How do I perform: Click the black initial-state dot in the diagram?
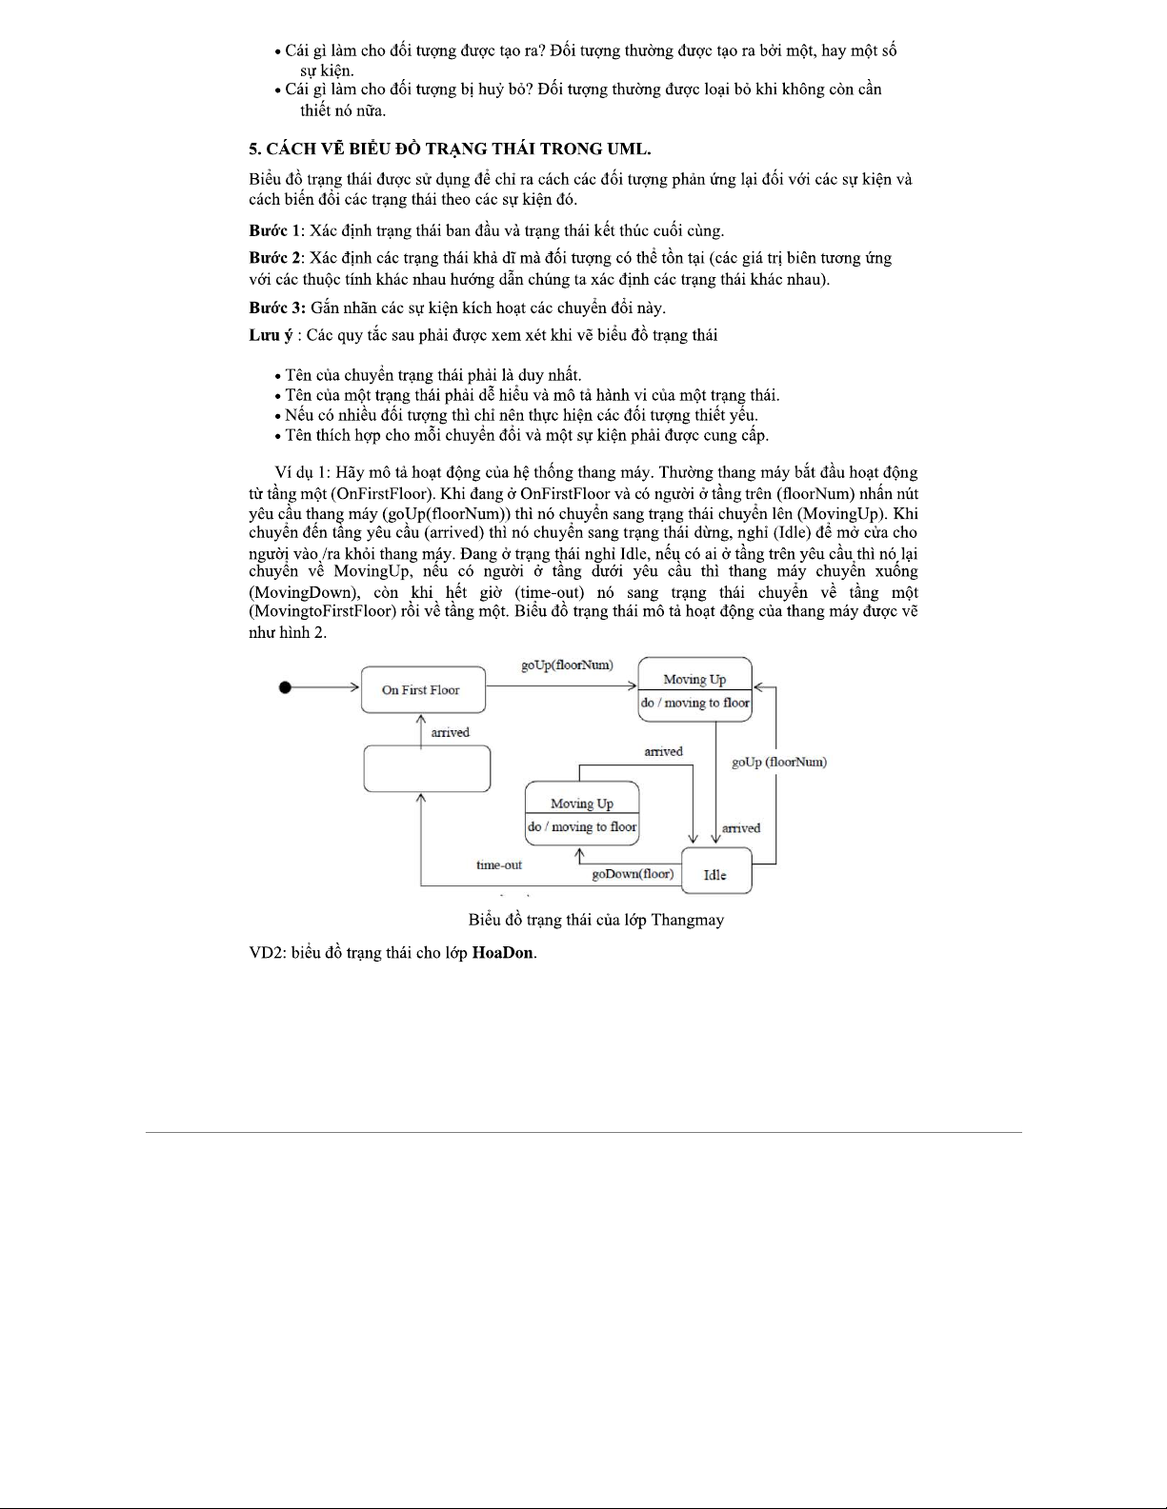(x=285, y=688)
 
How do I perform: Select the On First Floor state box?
(x=422, y=689)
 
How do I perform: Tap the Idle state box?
(x=715, y=873)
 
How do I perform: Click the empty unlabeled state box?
(x=427, y=768)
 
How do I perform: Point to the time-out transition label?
(x=499, y=864)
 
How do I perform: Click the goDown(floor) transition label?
(x=632, y=873)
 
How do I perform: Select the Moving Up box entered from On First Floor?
(x=694, y=689)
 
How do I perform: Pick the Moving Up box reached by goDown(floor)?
(x=582, y=814)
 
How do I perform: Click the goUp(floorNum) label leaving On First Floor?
(x=567, y=665)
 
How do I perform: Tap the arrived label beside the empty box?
(x=450, y=732)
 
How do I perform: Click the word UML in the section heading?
(x=625, y=149)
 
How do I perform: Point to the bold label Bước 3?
(x=276, y=308)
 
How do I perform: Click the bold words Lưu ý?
(x=271, y=335)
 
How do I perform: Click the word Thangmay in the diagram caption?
(x=687, y=920)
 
